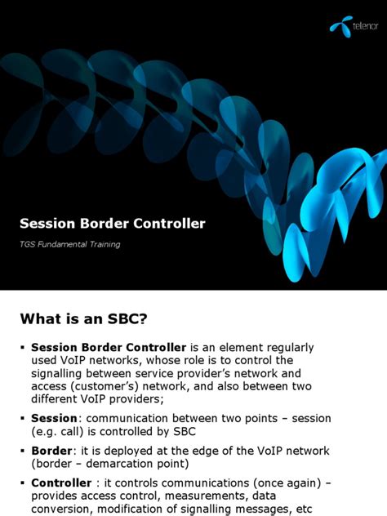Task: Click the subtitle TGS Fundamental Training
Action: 70,245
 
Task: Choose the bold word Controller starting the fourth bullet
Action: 60,483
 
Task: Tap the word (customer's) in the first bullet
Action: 105,387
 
